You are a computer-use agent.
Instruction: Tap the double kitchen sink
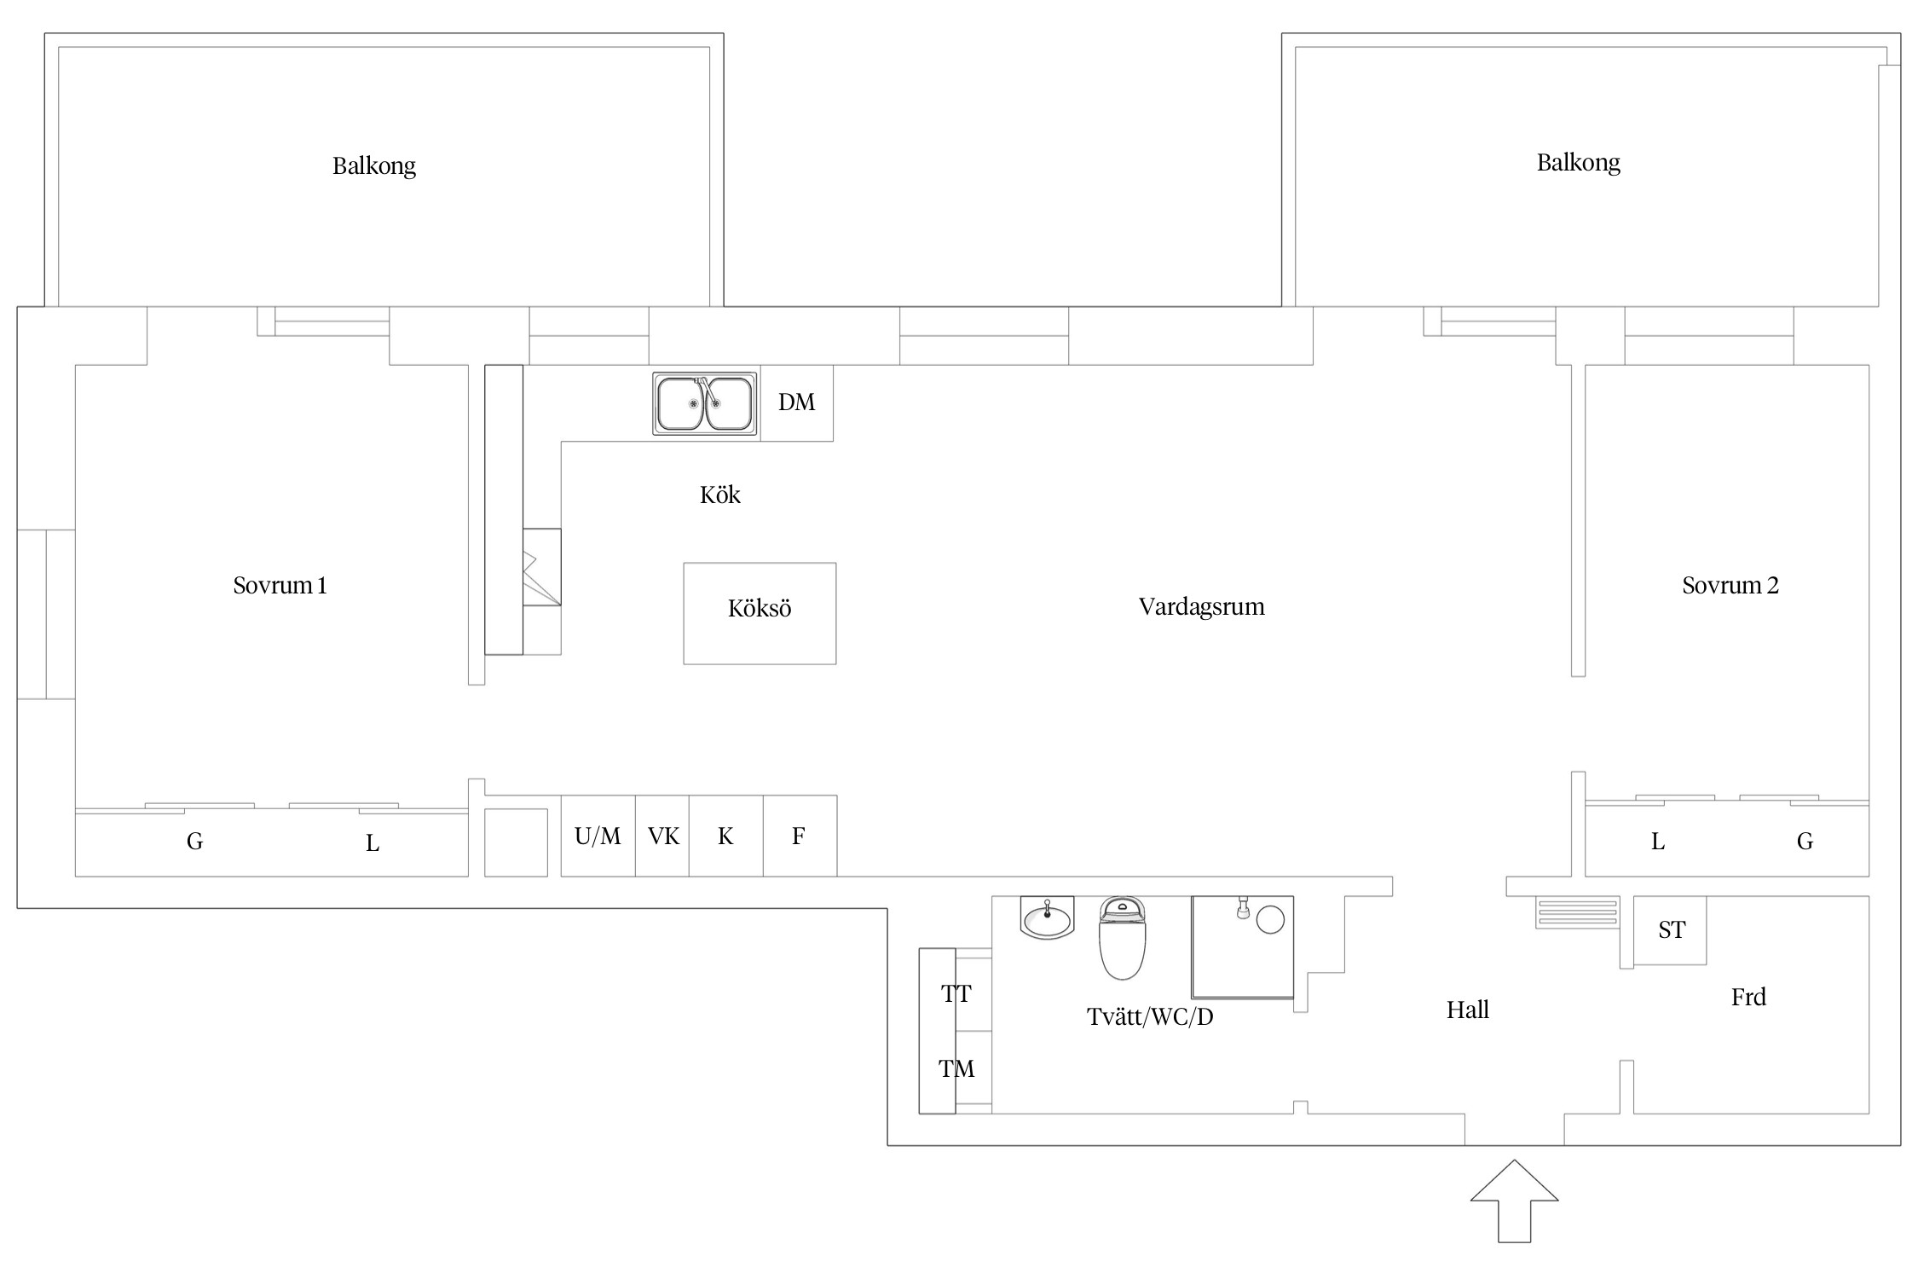click(705, 403)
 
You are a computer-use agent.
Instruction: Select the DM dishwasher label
click(796, 402)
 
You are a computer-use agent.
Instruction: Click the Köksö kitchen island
click(760, 613)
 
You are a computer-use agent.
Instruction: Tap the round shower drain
click(1270, 920)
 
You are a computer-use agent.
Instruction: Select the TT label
click(956, 993)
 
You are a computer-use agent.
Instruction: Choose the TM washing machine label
click(956, 1068)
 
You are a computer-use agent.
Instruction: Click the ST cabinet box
click(1671, 930)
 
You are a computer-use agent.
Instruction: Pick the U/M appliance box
click(598, 836)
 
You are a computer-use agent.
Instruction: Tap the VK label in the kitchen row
click(663, 836)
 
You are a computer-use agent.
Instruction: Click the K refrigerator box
click(725, 836)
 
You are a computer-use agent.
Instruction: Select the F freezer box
click(800, 836)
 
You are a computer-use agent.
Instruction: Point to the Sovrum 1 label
click(280, 585)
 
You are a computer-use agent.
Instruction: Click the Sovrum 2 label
click(1730, 585)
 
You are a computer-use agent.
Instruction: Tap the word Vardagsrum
click(1201, 607)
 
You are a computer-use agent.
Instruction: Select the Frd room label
click(1748, 997)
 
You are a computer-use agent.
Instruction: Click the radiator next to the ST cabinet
click(1577, 912)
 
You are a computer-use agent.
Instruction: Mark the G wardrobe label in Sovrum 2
click(1805, 842)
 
